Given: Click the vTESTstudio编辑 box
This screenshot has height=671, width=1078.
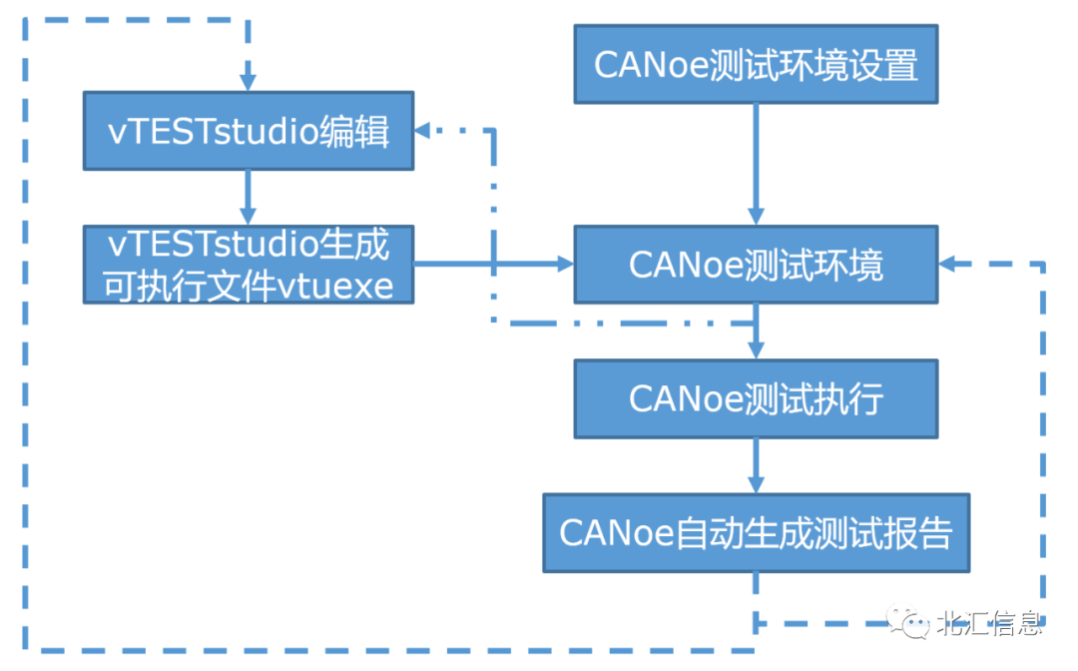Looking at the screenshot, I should coord(248,132).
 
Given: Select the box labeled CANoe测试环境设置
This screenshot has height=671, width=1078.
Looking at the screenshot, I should coord(756,65).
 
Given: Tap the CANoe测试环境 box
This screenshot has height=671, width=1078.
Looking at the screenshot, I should coord(756,265).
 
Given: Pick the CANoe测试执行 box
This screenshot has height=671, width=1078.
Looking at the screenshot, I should coord(756,398).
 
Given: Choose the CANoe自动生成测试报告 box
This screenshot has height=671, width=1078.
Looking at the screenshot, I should coord(756,532).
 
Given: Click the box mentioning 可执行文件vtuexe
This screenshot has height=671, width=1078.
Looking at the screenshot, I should coord(248,265).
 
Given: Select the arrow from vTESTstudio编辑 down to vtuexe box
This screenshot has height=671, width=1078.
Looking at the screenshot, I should coord(248,198).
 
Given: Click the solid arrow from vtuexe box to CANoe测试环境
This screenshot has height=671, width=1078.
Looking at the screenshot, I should coord(493,265).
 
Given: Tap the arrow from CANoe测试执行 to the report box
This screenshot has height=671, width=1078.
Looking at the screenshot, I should coord(756,465).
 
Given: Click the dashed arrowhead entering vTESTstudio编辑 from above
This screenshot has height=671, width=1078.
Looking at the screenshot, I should coord(248,81).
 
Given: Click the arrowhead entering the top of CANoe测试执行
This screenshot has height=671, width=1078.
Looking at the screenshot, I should coord(756,349).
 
